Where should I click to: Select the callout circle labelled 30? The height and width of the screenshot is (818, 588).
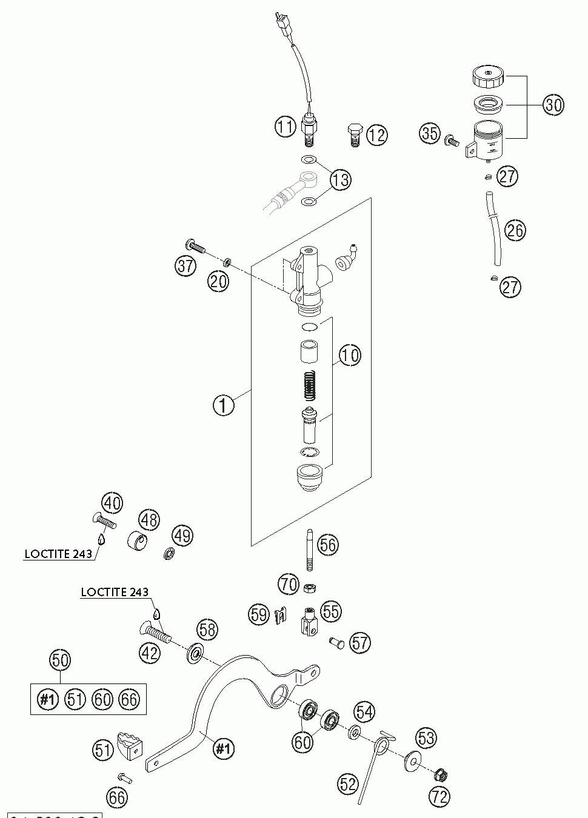[552, 105]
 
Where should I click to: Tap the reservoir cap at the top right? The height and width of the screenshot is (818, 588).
[487, 77]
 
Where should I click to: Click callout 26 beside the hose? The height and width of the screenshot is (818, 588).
[515, 230]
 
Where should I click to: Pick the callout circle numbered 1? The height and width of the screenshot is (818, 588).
[224, 405]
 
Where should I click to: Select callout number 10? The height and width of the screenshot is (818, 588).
[349, 355]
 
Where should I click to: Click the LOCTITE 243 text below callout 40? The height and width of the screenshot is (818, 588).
[58, 554]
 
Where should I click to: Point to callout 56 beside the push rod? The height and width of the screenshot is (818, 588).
[328, 545]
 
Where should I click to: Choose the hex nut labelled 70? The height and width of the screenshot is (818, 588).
[309, 587]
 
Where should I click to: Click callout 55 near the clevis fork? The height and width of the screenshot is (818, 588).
[330, 611]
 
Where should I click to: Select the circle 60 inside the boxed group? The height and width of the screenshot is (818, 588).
[102, 699]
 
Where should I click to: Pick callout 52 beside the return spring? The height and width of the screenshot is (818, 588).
[349, 785]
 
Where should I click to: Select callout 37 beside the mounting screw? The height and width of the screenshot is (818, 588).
[186, 266]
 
